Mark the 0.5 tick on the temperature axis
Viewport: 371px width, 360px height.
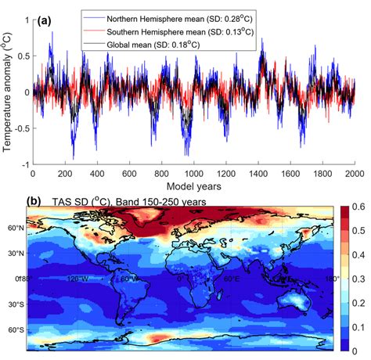(x=21, y=54)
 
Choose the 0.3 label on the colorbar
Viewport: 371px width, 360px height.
(x=359, y=279)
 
